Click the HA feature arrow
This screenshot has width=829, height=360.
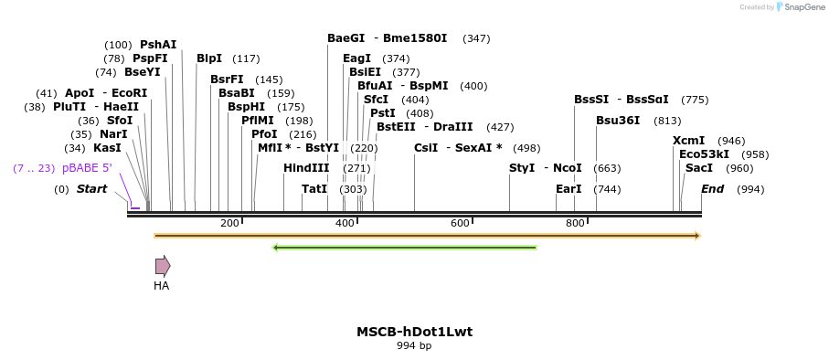[162, 266]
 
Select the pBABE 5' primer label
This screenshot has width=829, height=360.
[87, 168]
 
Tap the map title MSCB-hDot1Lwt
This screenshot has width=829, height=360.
[414, 332]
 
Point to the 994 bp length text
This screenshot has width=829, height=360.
[414, 346]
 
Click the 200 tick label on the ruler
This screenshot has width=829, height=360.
[229, 223]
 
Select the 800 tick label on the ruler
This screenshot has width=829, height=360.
[575, 223]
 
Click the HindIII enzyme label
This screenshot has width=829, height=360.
[306, 168]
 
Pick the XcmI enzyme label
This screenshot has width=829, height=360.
[688, 141]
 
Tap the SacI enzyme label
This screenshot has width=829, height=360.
[699, 168]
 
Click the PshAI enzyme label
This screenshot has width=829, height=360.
[158, 45]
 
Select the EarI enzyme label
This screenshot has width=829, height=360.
[569, 189]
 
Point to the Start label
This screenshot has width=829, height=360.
[91, 189]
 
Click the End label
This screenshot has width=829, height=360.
[712, 189]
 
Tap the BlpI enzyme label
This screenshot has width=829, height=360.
[209, 58]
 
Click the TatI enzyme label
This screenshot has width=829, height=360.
[314, 189]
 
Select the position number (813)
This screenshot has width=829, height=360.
[667, 121]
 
